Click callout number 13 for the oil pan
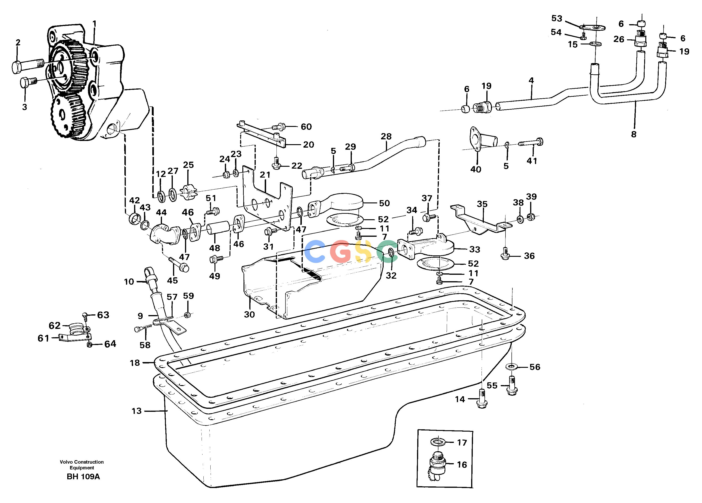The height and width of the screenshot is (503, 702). (136, 411)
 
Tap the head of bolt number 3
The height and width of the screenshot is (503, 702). (25, 82)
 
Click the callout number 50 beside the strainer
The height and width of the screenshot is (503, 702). (385, 203)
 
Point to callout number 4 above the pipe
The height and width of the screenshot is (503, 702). (531, 80)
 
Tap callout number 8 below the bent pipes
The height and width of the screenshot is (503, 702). (634, 134)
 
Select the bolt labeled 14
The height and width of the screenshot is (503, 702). (482, 399)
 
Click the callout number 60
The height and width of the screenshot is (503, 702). (306, 126)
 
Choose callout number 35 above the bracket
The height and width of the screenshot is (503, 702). (482, 204)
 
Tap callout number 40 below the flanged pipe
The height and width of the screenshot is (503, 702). (476, 169)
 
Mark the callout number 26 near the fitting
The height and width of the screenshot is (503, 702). (619, 39)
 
